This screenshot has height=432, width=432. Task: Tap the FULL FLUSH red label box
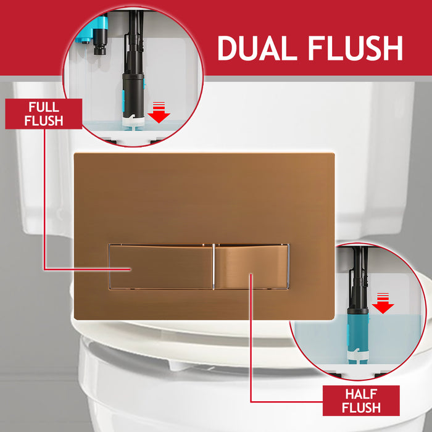43,114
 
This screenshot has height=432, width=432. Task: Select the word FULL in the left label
43,107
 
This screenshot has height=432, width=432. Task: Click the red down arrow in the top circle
160,114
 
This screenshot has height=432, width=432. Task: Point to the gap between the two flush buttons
214,267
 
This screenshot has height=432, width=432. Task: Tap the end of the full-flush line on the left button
130,270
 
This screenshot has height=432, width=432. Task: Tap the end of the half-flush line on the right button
251,275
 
